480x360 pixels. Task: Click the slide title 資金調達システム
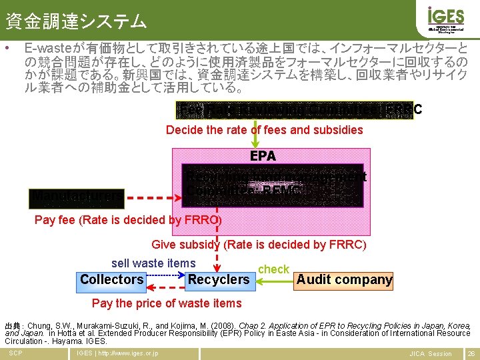tap(75, 22)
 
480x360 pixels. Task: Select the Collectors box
tap(112, 279)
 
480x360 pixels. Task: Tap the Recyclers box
tap(218, 279)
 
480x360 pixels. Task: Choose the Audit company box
tap(344, 279)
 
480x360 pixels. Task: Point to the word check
tap(273, 269)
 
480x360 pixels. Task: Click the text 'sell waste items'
tap(153, 263)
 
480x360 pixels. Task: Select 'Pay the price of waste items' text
tap(167, 303)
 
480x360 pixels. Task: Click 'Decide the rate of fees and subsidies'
tap(264, 129)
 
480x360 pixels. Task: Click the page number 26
tap(471, 353)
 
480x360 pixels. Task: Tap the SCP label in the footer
tap(15, 353)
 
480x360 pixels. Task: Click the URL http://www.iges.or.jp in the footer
tap(117, 353)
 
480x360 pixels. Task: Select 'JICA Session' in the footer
tap(430, 353)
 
